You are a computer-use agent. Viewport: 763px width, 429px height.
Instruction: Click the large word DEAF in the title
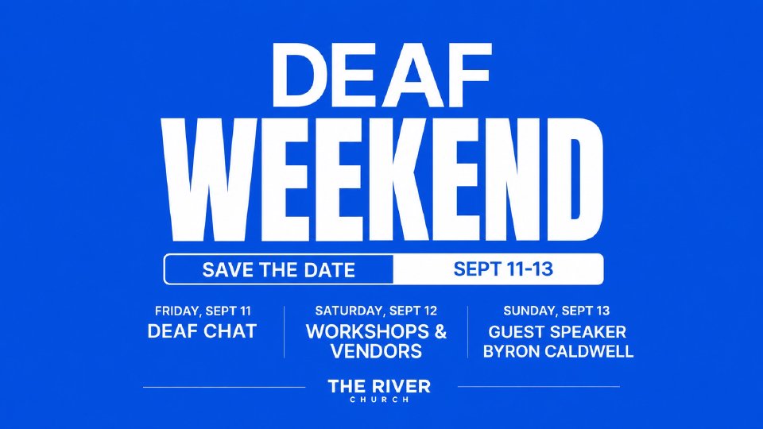pyautogui.click(x=381, y=75)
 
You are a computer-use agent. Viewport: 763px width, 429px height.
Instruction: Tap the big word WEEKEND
pyautogui.click(x=383, y=180)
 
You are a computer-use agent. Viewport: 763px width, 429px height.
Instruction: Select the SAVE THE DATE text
pyautogui.click(x=278, y=270)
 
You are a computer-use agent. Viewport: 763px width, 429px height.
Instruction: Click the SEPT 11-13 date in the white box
pyautogui.click(x=503, y=269)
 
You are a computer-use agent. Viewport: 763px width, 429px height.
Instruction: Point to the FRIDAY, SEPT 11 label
pyautogui.click(x=203, y=311)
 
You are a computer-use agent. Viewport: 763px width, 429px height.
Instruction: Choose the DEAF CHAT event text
pyautogui.click(x=202, y=331)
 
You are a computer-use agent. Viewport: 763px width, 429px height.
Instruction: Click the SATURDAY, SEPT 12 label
pyautogui.click(x=376, y=311)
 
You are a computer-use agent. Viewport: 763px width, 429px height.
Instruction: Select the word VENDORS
pyautogui.click(x=376, y=351)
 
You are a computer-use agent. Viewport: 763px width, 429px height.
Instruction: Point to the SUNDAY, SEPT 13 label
pyautogui.click(x=556, y=311)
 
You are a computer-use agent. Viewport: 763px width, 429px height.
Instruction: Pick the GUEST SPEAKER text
pyautogui.click(x=557, y=332)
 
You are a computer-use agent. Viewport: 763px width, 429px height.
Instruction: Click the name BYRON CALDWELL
pyautogui.click(x=558, y=351)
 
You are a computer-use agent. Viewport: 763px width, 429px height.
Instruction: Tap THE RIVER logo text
pyautogui.click(x=379, y=387)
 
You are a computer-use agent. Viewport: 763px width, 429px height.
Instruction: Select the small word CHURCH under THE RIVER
pyautogui.click(x=379, y=400)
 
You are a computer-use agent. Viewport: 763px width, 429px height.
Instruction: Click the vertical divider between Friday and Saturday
pyautogui.click(x=285, y=332)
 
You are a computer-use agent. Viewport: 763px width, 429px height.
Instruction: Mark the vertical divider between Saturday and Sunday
pyautogui.click(x=467, y=332)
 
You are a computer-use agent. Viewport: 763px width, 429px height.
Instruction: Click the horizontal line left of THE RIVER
pyautogui.click(x=224, y=387)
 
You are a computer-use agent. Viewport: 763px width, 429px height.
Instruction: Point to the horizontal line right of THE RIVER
pyautogui.click(x=539, y=387)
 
